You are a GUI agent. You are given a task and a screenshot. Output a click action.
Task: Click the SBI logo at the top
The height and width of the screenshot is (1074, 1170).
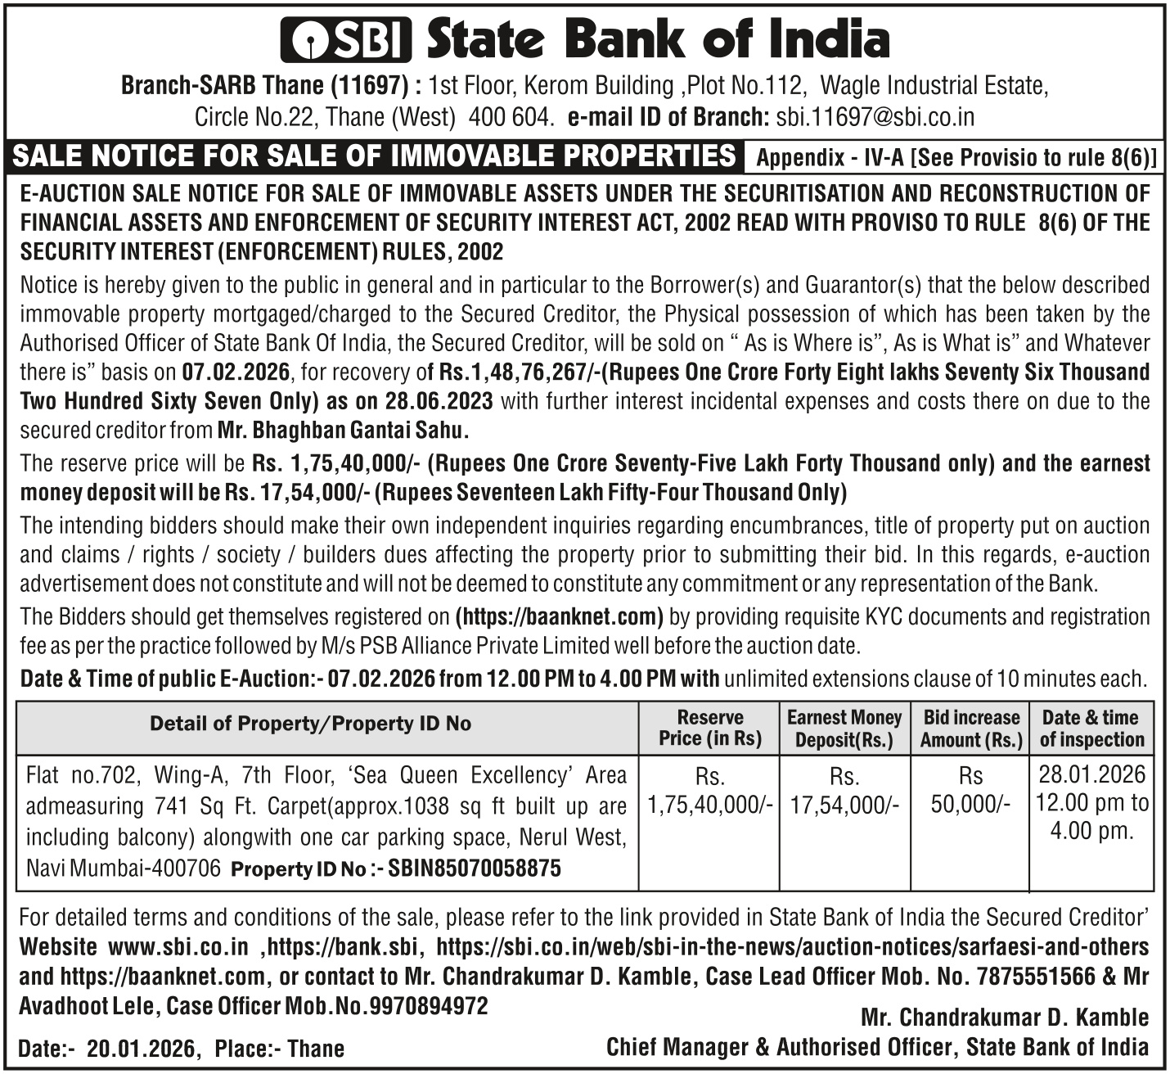[345, 39]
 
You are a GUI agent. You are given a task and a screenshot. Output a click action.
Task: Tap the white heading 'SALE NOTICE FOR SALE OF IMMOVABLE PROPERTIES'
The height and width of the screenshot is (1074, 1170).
[376, 156]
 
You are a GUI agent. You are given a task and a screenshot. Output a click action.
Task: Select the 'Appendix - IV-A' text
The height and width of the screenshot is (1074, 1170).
[830, 158]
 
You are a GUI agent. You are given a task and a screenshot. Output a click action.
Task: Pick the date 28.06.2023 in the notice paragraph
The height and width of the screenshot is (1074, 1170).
[443, 401]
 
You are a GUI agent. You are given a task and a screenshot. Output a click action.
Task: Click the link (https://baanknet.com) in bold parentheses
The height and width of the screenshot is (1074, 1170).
[559, 616]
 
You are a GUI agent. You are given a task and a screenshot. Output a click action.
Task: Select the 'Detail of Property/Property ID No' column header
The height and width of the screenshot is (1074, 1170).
[310, 724]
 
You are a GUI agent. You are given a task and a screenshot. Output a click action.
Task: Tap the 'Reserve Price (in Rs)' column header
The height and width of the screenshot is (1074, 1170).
[709, 729]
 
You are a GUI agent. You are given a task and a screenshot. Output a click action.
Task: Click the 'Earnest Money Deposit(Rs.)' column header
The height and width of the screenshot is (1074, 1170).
[844, 729]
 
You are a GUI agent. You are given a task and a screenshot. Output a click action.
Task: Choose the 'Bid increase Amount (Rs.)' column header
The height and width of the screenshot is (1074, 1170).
[971, 729]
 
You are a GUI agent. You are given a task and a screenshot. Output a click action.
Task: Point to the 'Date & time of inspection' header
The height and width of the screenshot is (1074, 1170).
[1091, 729]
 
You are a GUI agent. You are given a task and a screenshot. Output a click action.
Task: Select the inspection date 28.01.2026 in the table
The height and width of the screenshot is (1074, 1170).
[1091, 774]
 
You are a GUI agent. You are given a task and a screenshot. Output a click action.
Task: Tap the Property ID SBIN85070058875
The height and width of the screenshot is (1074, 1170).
[475, 869]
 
